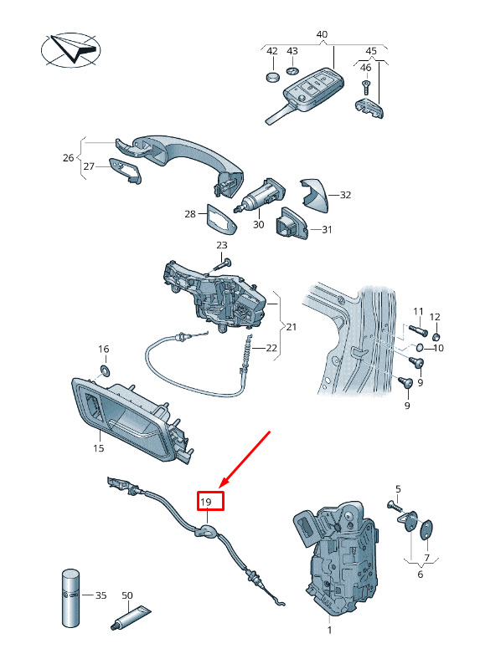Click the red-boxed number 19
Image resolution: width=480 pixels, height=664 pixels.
coord(205,503)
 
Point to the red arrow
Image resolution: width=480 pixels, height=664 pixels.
coord(245,458)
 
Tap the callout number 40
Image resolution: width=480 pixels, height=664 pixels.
coord(322,34)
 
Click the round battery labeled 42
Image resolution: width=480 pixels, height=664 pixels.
coord(273,78)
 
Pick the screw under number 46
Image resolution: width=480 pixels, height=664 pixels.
coord(365,87)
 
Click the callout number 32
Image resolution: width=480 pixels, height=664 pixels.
coord(346,195)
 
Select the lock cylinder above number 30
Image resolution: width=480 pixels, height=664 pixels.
coord(259,196)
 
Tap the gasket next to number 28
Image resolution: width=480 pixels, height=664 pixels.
coord(221,218)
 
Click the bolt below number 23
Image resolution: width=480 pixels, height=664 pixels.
coord(222,265)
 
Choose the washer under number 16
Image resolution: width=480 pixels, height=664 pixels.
coord(105,370)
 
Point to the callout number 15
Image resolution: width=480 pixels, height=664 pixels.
coord(98,447)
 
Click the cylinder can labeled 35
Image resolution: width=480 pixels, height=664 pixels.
coord(71,598)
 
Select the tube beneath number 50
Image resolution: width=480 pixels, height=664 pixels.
coord(130,617)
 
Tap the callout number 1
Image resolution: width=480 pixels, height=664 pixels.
coord(330,630)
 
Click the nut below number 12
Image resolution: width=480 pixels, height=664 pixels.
coord(436,337)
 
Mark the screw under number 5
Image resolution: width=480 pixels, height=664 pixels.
coord(395,506)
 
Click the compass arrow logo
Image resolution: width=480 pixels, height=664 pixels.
coord(71,49)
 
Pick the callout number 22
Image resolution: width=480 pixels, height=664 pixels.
coord(271,348)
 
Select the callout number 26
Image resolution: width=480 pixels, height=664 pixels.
coord(68,158)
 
